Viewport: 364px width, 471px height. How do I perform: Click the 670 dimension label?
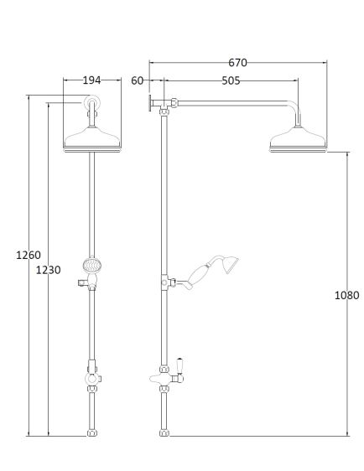(237, 63)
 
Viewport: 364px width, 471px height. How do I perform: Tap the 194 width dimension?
(91, 80)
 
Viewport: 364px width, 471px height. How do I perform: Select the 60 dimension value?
(137, 80)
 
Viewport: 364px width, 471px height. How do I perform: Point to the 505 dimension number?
(231, 80)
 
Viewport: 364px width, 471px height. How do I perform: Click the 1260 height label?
(29, 255)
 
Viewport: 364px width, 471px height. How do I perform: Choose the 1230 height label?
(48, 270)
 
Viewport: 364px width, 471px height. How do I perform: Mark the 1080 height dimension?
(347, 295)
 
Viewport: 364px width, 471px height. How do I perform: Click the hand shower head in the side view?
(231, 265)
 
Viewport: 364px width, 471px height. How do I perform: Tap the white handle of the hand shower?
(197, 274)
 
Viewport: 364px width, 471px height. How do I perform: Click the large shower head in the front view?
(92, 140)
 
